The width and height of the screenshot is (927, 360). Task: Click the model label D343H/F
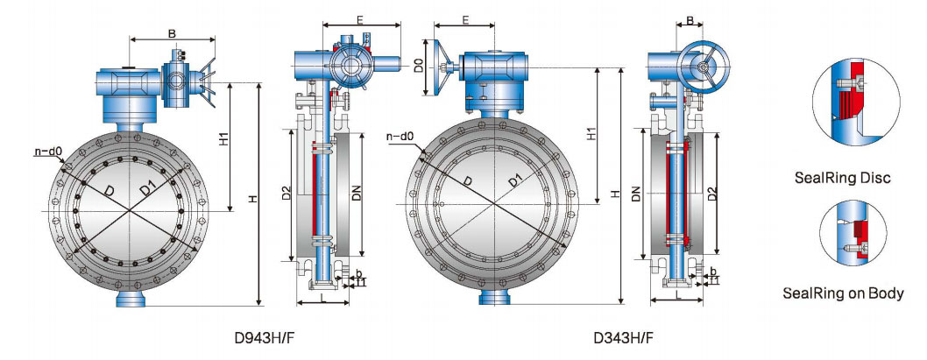coord(623,336)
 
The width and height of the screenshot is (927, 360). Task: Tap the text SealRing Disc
coord(842,178)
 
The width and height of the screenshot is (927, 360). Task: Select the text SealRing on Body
coord(842,293)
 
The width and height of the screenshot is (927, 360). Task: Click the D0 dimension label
coord(420,66)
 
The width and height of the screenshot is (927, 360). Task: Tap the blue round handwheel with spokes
coord(703,67)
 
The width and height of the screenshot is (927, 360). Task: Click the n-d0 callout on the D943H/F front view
coord(48,152)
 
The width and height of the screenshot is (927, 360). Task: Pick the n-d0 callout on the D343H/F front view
coord(400,136)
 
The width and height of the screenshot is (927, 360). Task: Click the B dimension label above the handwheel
coord(690,19)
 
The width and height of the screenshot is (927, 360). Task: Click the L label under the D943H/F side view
coord(323,297)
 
